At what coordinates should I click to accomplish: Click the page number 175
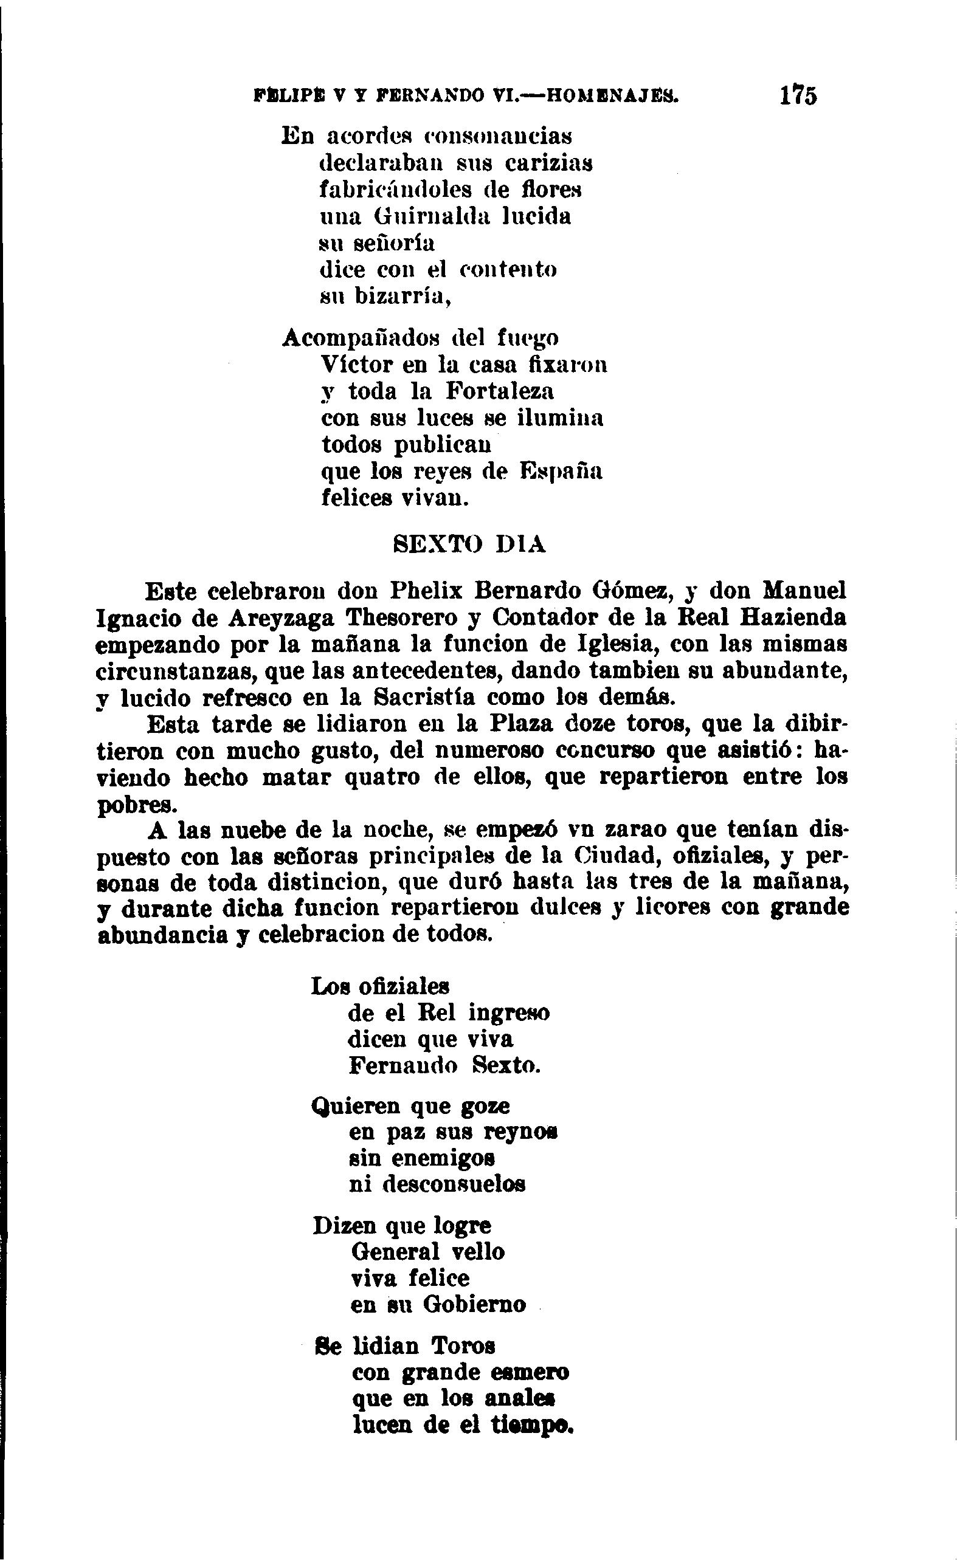click(x=799, y=95)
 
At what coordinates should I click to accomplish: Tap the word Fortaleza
click(x=500, y=391)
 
